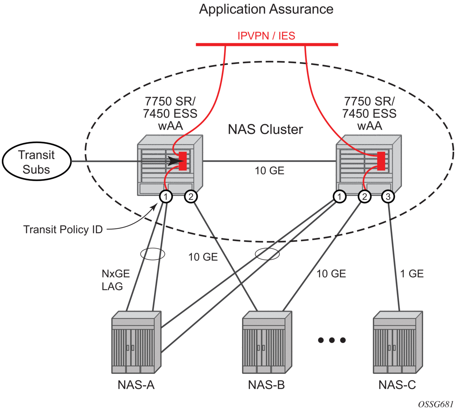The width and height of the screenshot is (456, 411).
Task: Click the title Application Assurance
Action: [266, 9]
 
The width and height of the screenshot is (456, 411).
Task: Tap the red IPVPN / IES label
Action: [266, 36]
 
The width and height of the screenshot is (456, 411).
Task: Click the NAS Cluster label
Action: [265, 129]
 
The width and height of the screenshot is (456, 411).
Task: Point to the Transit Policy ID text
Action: [63, 229]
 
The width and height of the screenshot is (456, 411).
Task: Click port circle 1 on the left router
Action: [166, 197]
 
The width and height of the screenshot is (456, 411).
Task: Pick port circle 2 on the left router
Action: [191, 197]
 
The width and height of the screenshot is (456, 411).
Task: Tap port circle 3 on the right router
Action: [388, 197]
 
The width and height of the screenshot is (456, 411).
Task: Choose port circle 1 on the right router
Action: [340, 197]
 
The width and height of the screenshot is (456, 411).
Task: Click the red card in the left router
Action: [183, 161]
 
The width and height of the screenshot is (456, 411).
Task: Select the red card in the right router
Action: [381, 161]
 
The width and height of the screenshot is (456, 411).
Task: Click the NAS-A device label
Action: [136, 385]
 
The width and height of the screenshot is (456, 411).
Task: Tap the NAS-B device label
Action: [266, 385]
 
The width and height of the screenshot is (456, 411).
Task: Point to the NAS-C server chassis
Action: [398, 342]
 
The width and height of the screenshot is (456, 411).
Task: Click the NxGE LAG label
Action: [115, 280]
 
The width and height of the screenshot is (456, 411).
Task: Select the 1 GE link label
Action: [412, 274]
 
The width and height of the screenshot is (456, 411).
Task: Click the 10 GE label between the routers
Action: [269, 171]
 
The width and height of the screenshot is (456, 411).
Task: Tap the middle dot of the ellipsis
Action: [332, 340]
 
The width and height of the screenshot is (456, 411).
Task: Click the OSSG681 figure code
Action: [436, 404]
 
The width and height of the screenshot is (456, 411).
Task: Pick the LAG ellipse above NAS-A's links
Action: [152, 254]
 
